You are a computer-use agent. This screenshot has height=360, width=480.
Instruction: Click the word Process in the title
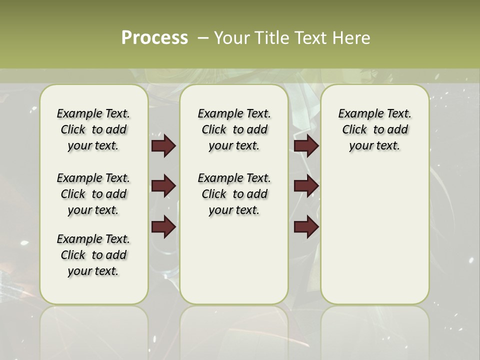point(154,38)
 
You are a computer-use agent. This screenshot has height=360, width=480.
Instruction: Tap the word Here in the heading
point(350,38)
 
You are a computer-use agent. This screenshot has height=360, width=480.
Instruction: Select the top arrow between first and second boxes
point(163,145)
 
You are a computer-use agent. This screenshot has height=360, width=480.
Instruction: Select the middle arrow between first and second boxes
point(163,186)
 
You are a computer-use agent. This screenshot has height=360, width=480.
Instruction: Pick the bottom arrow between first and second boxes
point(163,227)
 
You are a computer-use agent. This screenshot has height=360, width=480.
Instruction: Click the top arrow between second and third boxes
point(306,145)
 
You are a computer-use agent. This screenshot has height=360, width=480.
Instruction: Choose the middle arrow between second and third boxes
point(306,186)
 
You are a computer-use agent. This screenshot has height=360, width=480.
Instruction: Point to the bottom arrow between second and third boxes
point(306,227)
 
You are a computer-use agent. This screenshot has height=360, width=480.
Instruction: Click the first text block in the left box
point(93,129)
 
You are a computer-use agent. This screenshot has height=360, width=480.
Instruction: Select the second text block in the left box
point(93,194)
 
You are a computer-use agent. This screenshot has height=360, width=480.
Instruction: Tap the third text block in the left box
point(93,255)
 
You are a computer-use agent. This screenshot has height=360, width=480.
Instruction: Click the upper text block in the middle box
point(234,129)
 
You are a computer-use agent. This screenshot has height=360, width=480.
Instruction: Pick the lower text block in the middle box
point(234,194)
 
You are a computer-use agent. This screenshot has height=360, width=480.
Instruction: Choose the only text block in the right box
point(375,129)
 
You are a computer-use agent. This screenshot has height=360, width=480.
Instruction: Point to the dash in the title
point(202,38)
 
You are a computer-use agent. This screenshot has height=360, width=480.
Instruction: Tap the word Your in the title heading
point(232,38)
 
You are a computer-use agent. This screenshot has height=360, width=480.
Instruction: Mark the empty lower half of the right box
point(375,240)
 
